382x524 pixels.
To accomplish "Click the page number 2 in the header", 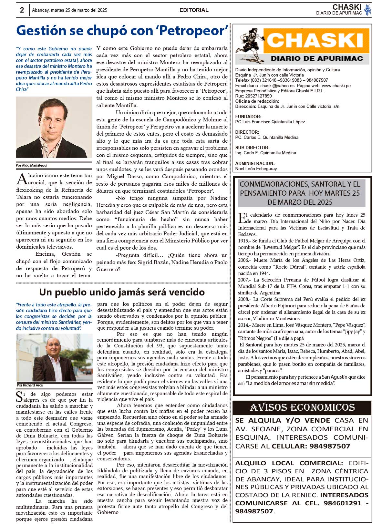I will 22,10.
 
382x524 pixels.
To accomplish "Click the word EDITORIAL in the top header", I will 194,10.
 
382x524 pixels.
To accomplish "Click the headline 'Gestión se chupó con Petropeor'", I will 122,31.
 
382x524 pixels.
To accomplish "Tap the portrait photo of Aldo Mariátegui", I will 54,127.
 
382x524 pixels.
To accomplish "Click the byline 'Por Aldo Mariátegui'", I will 32,165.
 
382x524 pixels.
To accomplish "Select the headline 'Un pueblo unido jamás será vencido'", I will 122,292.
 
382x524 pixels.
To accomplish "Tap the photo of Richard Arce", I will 54,357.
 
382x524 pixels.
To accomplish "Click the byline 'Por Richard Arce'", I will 30,385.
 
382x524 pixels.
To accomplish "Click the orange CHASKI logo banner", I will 316,41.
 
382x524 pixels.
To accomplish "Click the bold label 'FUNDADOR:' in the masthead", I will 248,117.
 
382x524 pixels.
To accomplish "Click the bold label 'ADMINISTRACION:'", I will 255,163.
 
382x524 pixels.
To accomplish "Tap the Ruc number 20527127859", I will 258,96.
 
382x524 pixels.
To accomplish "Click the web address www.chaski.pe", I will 336,86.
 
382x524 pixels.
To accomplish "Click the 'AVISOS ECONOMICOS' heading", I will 302,407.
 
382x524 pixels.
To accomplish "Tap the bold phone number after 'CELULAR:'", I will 330,446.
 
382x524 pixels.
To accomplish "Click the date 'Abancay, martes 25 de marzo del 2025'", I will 69,10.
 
